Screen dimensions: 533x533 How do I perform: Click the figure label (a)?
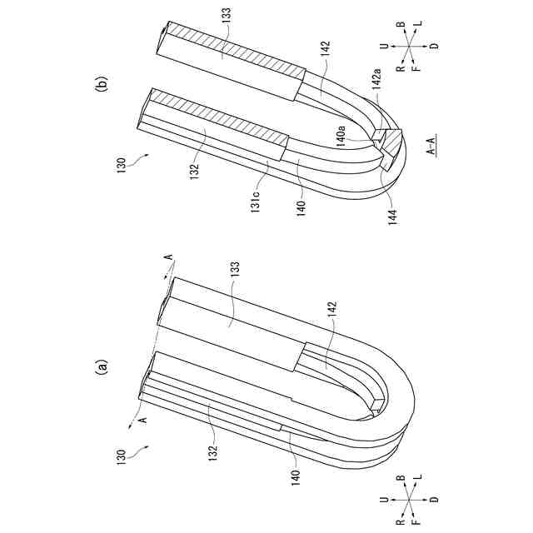[102, 366]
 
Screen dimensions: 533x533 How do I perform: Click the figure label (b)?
[102, 82]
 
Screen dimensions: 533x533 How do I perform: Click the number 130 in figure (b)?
[122, 165]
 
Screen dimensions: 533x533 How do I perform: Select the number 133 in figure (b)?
[226, 15]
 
